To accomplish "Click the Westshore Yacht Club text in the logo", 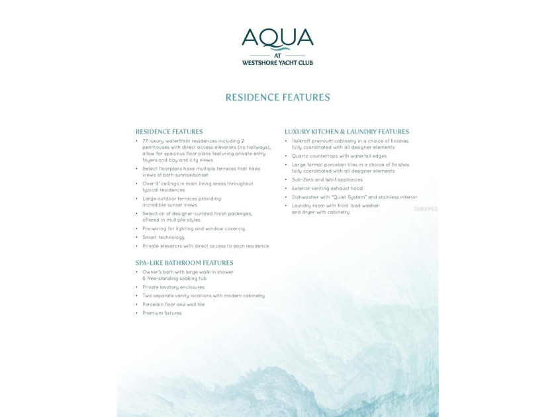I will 277,63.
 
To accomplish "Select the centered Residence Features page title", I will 277,97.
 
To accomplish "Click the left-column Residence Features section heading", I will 169,132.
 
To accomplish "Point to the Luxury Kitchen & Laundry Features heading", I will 347,132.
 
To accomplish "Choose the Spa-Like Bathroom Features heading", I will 184,263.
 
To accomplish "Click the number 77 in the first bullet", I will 146,141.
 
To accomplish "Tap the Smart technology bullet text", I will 163,237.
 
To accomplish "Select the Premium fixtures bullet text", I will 162,313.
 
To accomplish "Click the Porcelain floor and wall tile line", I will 173,304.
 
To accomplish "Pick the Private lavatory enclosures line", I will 173,287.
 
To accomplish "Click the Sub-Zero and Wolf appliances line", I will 327,179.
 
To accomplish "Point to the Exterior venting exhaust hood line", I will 327,188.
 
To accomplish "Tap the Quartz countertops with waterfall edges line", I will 339,156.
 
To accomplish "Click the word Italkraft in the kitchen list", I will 302,141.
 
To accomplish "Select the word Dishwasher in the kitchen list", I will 306,197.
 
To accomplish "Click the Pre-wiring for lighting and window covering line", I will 193,228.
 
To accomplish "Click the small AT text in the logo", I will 277,56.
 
